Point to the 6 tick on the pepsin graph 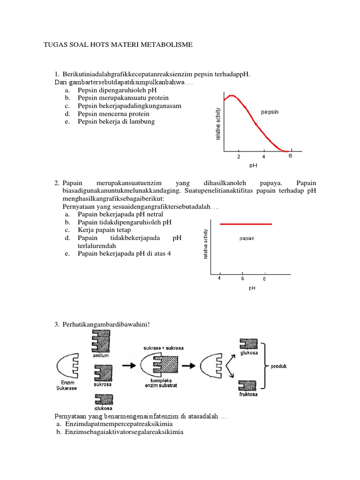click(290, 156)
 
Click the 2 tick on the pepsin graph click(238, 157)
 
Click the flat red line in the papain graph click(246, 224)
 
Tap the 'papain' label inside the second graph click(247, 238)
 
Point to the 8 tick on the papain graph click(264, 279)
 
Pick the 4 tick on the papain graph click(219, 279)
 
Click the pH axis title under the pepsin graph click(253, 165)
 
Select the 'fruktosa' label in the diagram click(248, 394)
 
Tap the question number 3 click(57, 324)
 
